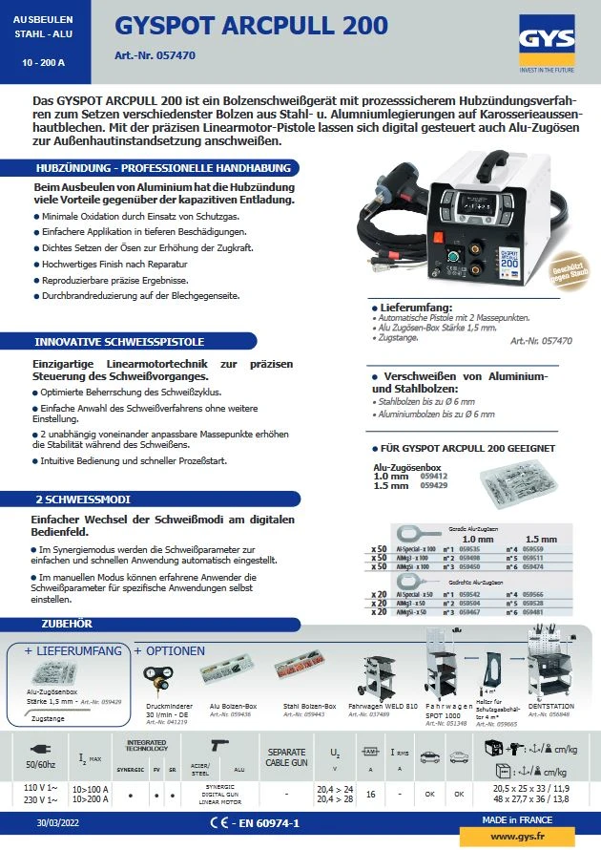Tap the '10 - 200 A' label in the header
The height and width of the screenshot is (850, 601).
click(44, 62)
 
